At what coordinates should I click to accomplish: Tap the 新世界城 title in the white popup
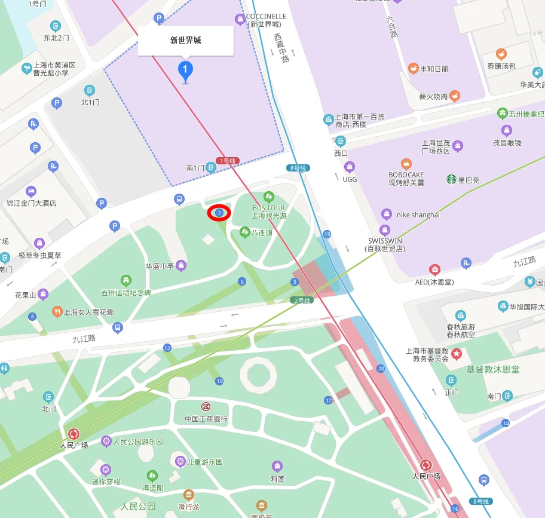pyautogui.click(x=185, y=41)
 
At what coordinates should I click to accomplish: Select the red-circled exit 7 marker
pyautogui.click(x=219, y=213)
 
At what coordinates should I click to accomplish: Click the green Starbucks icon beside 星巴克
pyautogui.click(x=451, y=179)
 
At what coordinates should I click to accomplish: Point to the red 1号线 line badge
pyautogui.click(x=227, y=161)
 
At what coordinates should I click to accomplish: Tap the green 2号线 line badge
pyautogui.click(x=302, y=300)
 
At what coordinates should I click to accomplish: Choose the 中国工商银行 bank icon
pyautogui.click(x=206, y=406)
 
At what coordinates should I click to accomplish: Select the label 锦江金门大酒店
pyautogui.click(x=31, y=203)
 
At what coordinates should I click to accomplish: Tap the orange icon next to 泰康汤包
pyautogui.click(x=501, y=54)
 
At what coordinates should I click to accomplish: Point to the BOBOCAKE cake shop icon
pyautogui.click(x=406, y=163)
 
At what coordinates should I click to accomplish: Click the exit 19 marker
pyautogui.click(x=326, y=234)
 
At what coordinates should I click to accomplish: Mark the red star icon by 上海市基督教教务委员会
pyautogui.click(x=457, y=354)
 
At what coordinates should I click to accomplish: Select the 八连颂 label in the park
pyautogui.click(x=262, y=232)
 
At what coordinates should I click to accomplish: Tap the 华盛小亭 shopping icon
pyautogui.click(x=180, y=265)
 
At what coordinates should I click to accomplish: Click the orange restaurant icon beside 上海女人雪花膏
pyautogui.click(x=57, y=311)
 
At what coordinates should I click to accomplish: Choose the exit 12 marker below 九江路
pyautogui.click(x=167, y=348)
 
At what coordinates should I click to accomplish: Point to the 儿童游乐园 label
pyautogui.click(x=205, y=462)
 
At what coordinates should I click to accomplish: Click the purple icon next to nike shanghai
pyautogui.click(x=387, y=214)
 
